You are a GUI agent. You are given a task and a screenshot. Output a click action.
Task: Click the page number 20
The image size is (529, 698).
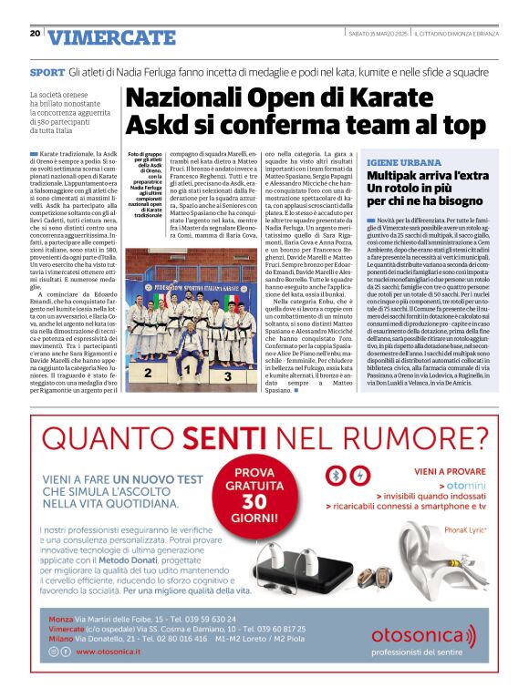pyautogui.click(x=35, y=34)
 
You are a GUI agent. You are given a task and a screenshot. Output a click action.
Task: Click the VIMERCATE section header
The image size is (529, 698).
pyautogui.click(x=111, y=37)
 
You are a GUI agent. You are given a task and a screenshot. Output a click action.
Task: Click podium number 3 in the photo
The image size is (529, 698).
pyautogui.click(x=229, y=375)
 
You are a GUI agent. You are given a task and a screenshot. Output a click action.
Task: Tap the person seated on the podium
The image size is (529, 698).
pyautogui.click(x=187, y=354)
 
